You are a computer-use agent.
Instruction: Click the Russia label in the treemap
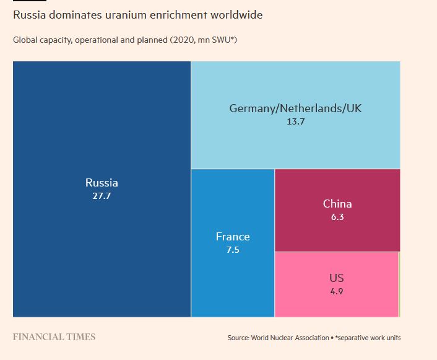pyautogui.click(x=102, y=183)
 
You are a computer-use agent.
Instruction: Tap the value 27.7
pyautogui.click(x=102, y=196)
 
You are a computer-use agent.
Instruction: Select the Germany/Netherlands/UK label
pyautogui.click(x=295, y=108)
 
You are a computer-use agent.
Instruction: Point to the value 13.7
pyautogui.click(x=295, y=121)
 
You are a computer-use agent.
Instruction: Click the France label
pyautogui.click(x=233, y=237)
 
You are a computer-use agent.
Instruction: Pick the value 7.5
pyautogui.click(x=233, y=250)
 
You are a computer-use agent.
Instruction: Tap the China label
pyautogui.click(x=337, y=204)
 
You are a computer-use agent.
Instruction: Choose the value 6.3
pyautogui.click(x=337, y=217)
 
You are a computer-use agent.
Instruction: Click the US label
pyautogui.click(x=337, y=278)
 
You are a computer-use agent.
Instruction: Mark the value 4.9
pyautogui.click(x=337, y=291)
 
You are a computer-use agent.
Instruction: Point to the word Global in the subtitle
pyautogui.click(x=26, y=41)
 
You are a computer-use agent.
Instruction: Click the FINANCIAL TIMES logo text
pyautogui.click(x=54, y=337)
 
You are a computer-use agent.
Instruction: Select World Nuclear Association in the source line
pyautogui.click(x=290, y=338)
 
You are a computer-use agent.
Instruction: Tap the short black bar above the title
pyautogui.click(x=29, y=1)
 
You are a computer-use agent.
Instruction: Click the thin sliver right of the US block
pyautogui.click(x=399, y=284)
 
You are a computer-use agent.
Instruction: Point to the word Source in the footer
pyautogui.click(x=238, y=338)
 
